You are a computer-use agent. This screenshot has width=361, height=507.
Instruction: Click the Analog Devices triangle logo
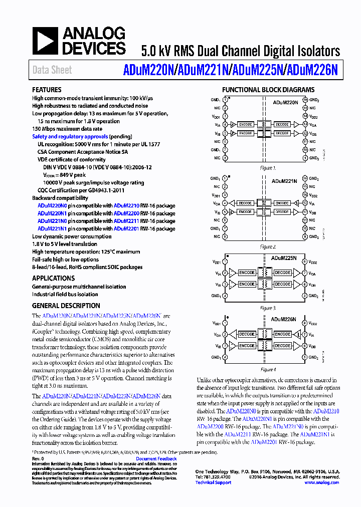click(x=46, y=41)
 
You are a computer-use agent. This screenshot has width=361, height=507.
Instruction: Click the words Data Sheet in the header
click(x=52, y=70)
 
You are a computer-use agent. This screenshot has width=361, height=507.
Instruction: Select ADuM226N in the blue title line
click(x=311, y=70)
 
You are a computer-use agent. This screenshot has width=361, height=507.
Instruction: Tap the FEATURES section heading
click(x=47, y=90)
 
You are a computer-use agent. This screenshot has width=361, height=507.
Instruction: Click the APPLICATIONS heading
click(x=53, y=278)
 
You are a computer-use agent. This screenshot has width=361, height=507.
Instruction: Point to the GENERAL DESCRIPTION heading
click(x=66, y=306)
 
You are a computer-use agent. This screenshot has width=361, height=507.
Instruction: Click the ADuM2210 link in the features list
click(x=126, y=205)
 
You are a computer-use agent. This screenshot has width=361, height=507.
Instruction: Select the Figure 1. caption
click(x=268, y=168)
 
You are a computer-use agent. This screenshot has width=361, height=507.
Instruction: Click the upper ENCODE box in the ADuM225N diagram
click(x=247, y=273)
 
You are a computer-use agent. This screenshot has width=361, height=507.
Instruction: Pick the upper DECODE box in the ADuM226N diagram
click(x=247, y=334)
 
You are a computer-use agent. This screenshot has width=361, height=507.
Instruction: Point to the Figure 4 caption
click(x=268, y=370)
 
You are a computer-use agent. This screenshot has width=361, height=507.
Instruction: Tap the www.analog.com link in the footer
click(x=321, y=482)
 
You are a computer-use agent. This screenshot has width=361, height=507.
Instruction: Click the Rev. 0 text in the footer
click(x=38, y=458)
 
